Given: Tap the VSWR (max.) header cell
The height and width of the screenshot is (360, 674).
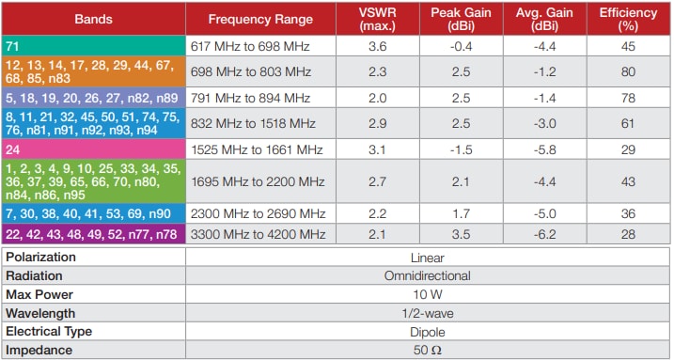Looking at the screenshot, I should coord(378,19).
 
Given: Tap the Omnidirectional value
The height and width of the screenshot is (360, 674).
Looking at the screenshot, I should coord(429,275).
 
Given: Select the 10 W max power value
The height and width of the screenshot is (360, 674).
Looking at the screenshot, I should coord(429,293).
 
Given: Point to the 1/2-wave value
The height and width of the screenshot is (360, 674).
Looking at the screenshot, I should coord(429,312).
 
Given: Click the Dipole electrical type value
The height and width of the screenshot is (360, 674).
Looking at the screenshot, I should coord(429,331).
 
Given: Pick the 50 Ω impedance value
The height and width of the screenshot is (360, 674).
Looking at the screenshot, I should coord(429,350).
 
